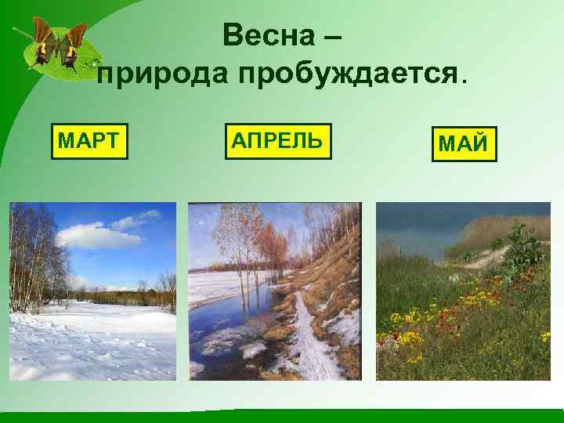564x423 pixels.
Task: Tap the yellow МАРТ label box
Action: click(89, 141)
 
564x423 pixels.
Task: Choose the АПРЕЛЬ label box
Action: click(277, 141)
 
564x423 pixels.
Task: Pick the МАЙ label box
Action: click(464, 143)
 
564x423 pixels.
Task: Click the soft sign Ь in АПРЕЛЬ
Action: click(313, 141)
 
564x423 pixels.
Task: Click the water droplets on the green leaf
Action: click(93, 60)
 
